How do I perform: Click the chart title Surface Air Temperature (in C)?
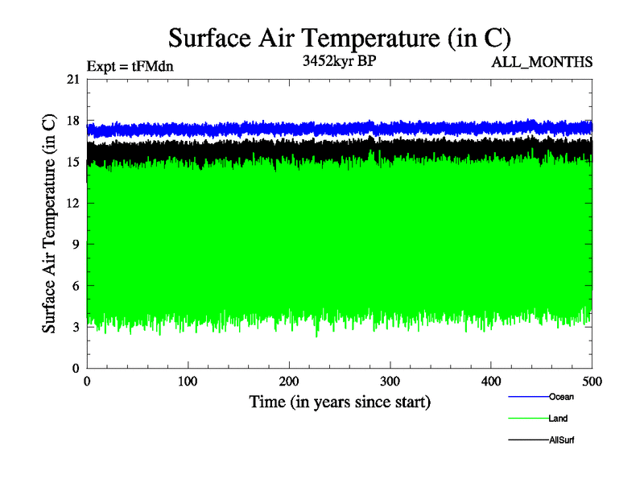tap(339, 38)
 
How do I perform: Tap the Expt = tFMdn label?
tap(130, 67)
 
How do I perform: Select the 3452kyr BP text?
tap(338, 61)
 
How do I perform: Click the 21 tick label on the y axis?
tap(73, 79)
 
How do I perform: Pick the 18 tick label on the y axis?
tap(73, 121)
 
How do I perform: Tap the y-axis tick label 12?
tap(73, 203)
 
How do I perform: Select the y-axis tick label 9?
tap(76, 245)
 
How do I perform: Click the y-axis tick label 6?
tap(76, 286)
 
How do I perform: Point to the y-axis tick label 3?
tap(76, 327)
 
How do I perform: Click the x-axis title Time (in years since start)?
tap(340, 401)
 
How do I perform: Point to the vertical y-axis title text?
tap(49, 224)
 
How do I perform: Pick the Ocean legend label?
tap(561, 397)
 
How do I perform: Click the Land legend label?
tap(558, 419)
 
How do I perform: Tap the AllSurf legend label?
tap(561, 440)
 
